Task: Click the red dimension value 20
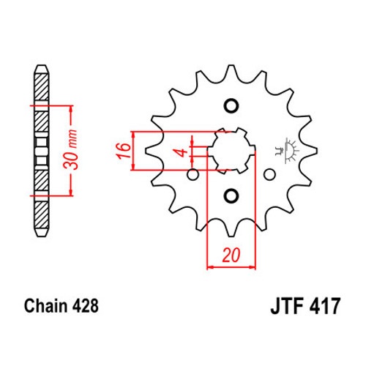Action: (x=231, y=255)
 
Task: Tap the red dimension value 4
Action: (x=182, y=153)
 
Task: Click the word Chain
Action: (x=45, y=306)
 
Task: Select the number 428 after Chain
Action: (x=85, y=306)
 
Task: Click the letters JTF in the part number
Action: (x=287, y=306)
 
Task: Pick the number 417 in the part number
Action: (x=324, y=306)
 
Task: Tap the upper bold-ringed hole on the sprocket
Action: (x=231, y=106)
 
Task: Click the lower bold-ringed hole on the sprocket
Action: (x=231, y=195)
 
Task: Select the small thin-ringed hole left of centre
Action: (x=193, y=175)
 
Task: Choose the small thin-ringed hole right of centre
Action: (x=269, y=175)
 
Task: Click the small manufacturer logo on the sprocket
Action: (x=288, y=151)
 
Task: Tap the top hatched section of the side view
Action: (x=41, y=86)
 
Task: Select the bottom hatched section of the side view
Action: (x=41, y=214)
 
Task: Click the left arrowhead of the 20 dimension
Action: (x=210, y=267)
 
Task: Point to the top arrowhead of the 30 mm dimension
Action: (x=71, y=109)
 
